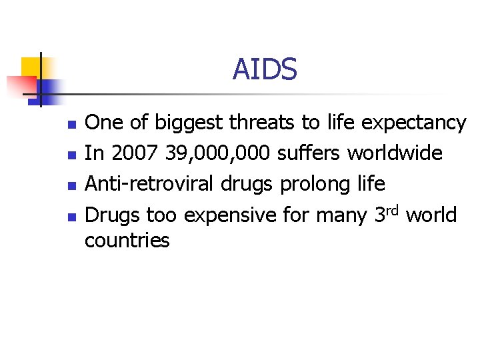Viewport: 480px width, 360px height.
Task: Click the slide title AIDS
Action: click(x=264, y=69)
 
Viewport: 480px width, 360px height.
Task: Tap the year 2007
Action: click(x=125, y=153)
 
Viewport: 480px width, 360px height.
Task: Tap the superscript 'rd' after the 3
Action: click(x=391, y=210)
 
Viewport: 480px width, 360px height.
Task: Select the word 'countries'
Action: click(x=127, y=240)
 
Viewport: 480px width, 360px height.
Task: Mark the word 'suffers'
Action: click(x=309, y=153)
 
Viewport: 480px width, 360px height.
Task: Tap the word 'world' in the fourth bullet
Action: click(x=431, y=215)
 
